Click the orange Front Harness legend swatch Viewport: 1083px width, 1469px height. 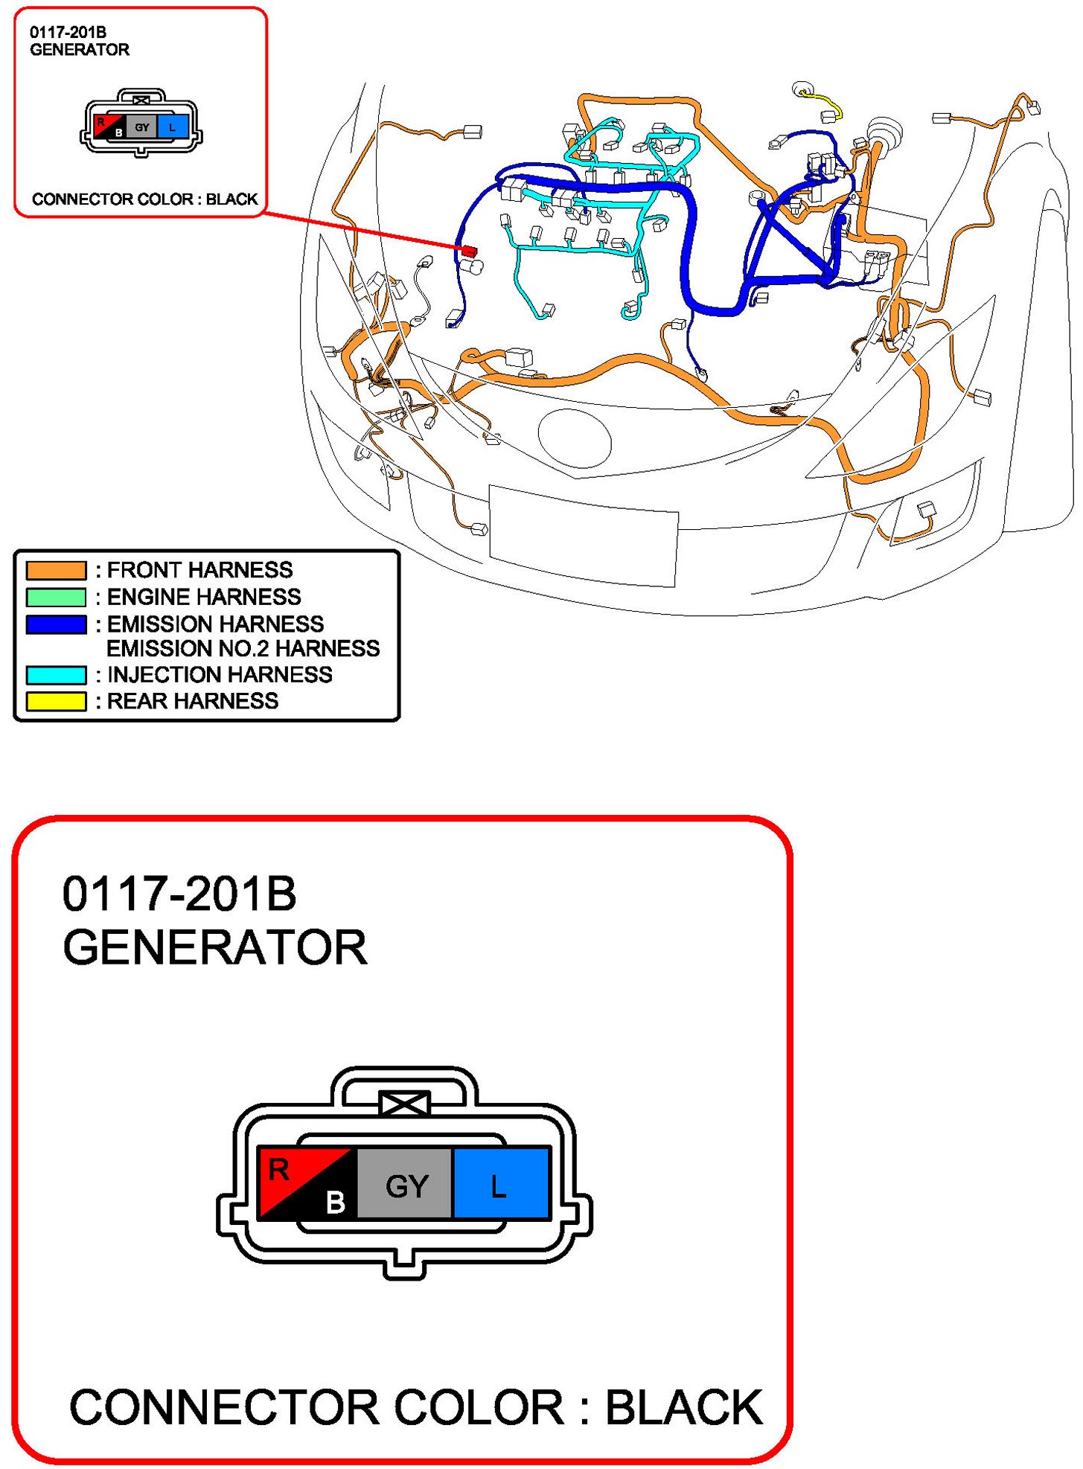tap(56, 570)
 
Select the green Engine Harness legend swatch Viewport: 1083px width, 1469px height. tap(56, 597)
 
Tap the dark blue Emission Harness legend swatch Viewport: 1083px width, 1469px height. tap(56, 624)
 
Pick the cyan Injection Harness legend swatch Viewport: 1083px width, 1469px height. tap(56, 675)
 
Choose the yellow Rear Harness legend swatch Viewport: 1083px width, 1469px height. tap(56, 701)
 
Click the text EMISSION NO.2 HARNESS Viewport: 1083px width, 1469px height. tap(243, 649)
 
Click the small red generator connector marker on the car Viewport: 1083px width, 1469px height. tap(468, 251)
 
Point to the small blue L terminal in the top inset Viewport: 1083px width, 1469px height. tap(173, 127)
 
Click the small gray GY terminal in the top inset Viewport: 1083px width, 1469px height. tap(141, 127)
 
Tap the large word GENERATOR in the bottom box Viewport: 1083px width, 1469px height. tap(215, 947)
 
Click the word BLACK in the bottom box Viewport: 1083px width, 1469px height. tap(684, 1408)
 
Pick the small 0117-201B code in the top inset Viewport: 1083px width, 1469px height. tap(68, 33)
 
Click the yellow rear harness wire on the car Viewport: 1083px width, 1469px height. tap(827, 103)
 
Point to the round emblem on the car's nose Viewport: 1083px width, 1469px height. tap(575, 440)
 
